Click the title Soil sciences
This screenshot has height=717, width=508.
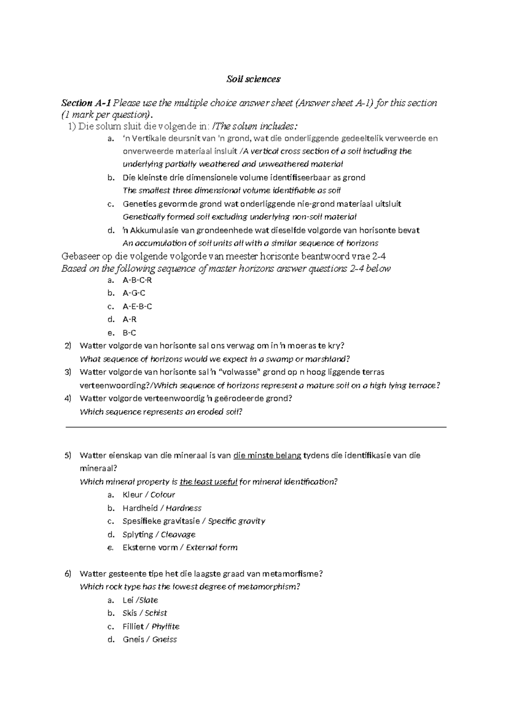(253, 79)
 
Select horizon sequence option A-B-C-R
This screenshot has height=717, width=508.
(137, 280)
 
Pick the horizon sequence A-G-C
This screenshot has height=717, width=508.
(134, 293)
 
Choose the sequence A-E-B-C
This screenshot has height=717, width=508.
(137, 306)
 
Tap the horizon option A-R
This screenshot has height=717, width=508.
(130, 319)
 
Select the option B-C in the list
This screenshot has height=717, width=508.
(129, 333)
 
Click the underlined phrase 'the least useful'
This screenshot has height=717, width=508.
(208, 482)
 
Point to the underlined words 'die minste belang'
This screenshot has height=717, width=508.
(267, 455)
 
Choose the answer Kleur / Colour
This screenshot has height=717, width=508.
(149, 495)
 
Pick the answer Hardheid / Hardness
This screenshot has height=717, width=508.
(162, 508)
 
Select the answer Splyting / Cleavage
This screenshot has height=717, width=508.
(159, 534)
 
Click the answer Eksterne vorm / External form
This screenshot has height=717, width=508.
(180, 547)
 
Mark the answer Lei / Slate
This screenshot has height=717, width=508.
(140, 600)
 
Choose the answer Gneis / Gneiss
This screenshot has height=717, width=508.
(149, 639)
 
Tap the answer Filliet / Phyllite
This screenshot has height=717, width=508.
(151, 626)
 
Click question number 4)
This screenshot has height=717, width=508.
(68, 398)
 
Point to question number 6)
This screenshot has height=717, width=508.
(68, 574)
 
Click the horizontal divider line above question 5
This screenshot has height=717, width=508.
(256, 427)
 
